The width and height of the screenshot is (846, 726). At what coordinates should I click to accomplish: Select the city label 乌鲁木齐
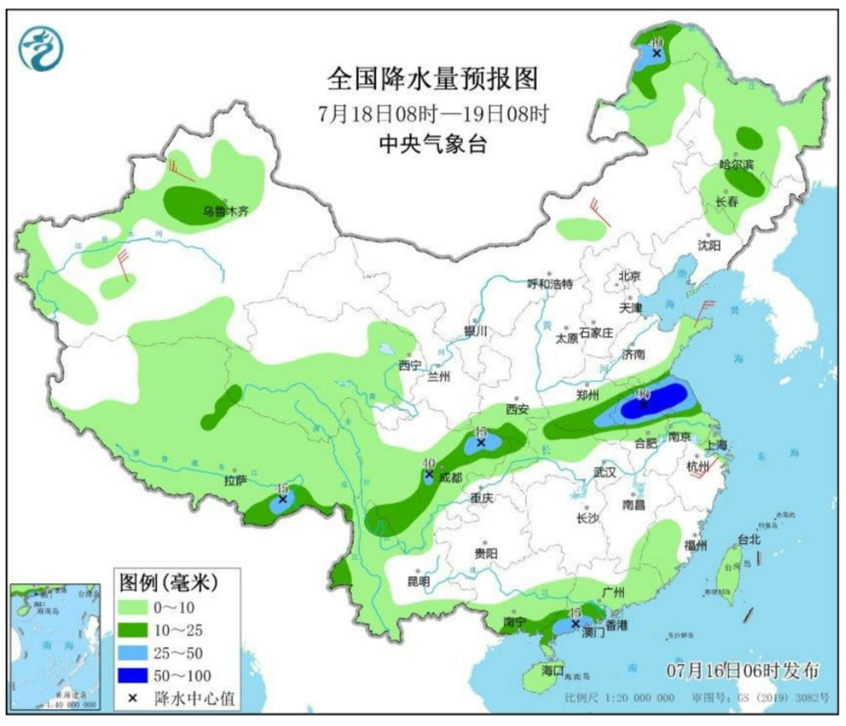coord(221,213)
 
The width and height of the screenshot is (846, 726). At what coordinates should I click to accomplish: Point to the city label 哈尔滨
coord(737,163)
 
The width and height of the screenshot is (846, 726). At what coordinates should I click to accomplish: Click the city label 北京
coord(629,276)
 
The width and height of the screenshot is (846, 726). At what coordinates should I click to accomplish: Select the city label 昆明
coord(418,581)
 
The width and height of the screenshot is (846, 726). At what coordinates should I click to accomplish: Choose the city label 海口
coord(551,671)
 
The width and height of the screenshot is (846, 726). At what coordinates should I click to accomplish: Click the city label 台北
coord(748,539)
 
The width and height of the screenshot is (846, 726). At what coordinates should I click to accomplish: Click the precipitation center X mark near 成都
coord(429,474)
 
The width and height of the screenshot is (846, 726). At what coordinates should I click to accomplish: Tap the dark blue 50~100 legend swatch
coord(134,675)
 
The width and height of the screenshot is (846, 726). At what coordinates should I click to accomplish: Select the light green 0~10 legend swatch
coord(134,608)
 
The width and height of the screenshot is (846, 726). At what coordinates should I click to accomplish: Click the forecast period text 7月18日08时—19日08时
coord(433,113)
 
